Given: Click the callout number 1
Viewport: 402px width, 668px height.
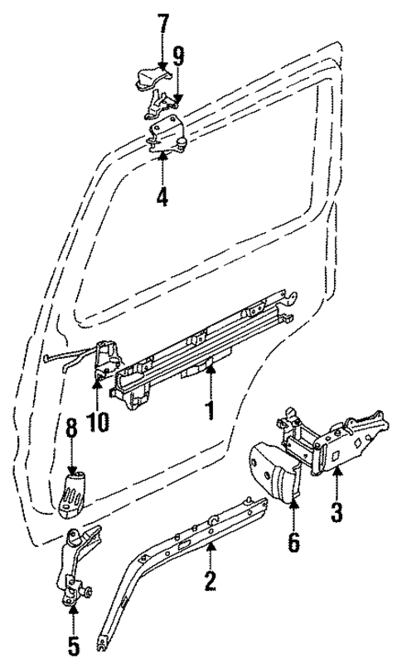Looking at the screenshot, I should (x=211, y=409).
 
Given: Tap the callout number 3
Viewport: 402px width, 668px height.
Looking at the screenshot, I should (x=337, y=511).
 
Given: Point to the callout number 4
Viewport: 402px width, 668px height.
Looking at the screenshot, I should (x=162, y=197).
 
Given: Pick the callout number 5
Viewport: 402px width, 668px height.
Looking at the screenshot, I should (x=73, y=642).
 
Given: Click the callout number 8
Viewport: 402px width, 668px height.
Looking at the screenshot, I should (x=72, y=428).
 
